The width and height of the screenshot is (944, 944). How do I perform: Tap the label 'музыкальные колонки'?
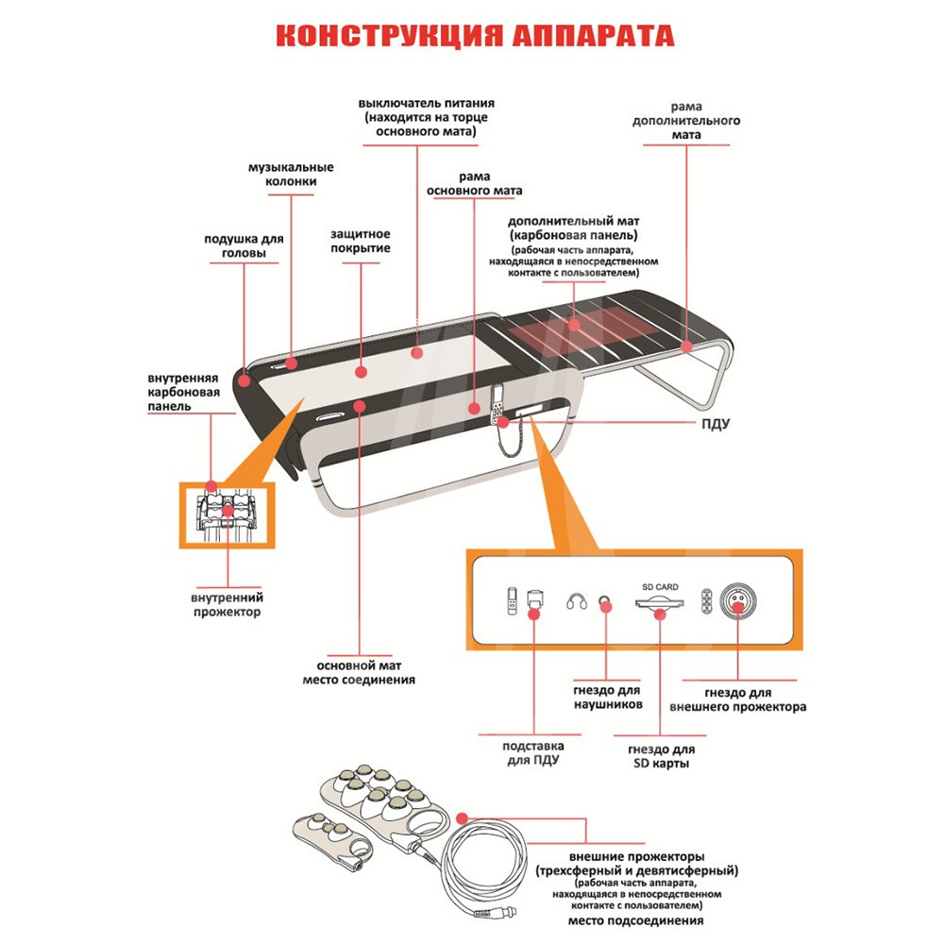291,175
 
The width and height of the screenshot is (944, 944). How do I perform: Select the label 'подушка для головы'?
244,246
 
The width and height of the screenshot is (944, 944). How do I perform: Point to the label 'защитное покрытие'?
361,241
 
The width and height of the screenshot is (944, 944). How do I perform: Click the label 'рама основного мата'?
474,183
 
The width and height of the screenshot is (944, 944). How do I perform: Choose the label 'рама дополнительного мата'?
686,121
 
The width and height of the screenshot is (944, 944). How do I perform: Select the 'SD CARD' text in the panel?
660,586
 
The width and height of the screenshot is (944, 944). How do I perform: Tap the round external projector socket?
738,600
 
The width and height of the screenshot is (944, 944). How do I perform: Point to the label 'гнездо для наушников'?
608,698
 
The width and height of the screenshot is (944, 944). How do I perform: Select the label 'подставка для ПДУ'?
534,751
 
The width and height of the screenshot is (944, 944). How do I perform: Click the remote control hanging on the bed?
497,410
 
